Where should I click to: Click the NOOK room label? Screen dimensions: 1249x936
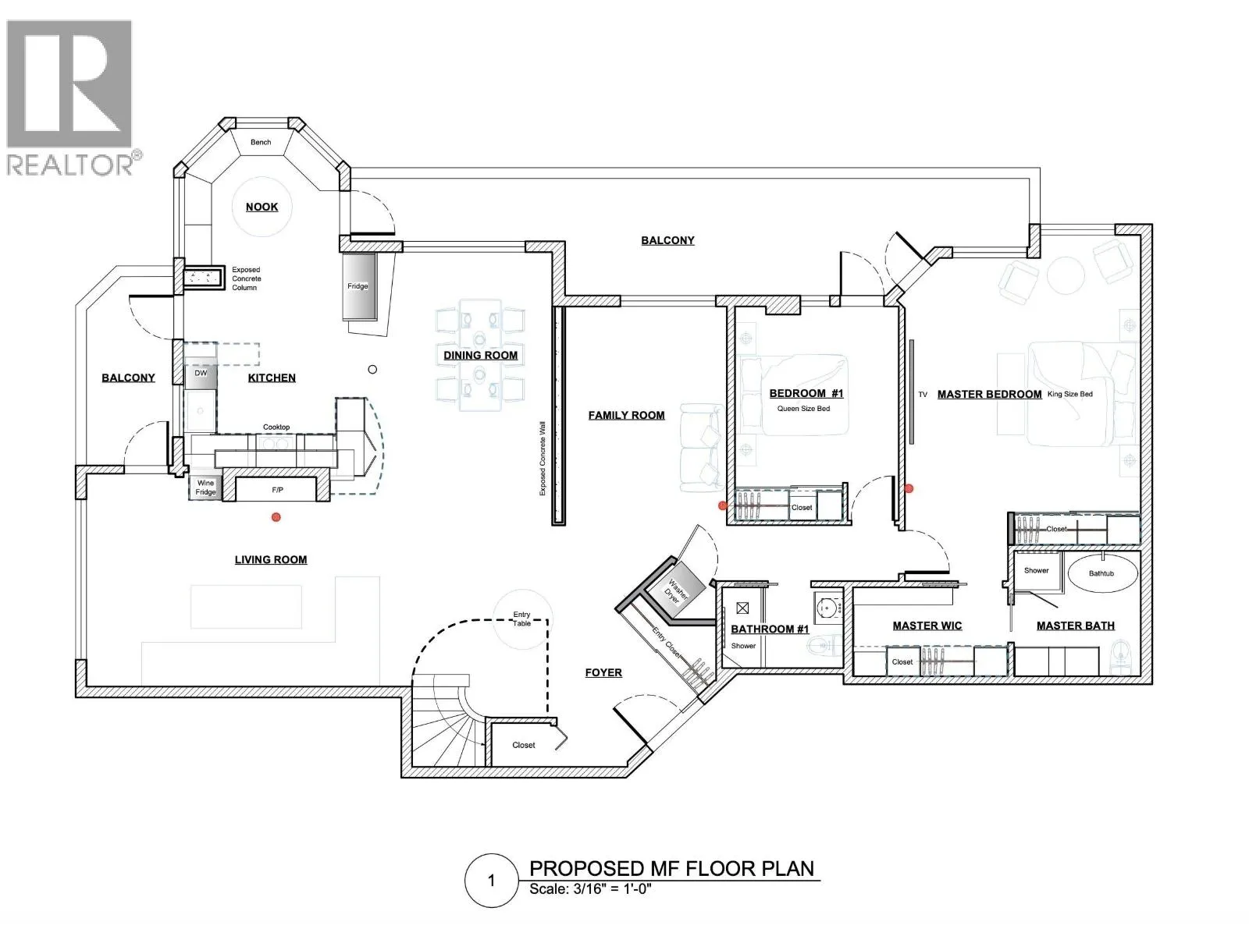262,207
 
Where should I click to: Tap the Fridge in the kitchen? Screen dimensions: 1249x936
359,285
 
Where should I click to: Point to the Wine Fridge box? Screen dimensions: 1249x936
205,487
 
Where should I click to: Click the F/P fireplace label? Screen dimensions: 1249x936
277,490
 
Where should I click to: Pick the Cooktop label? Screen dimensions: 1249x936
276,427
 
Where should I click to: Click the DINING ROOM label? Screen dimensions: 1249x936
481,355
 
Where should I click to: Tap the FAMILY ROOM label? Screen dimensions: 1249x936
627,416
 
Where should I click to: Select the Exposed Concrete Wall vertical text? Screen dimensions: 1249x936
543,458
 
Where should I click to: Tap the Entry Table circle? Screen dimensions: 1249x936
521,619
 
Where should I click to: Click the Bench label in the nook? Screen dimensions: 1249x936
261,142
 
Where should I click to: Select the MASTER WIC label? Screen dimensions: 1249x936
927,626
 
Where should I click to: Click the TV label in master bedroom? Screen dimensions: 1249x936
923,395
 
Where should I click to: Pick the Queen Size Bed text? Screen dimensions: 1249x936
803,409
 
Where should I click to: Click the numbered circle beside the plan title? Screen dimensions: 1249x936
492,881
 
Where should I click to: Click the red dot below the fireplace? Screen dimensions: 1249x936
276,517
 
